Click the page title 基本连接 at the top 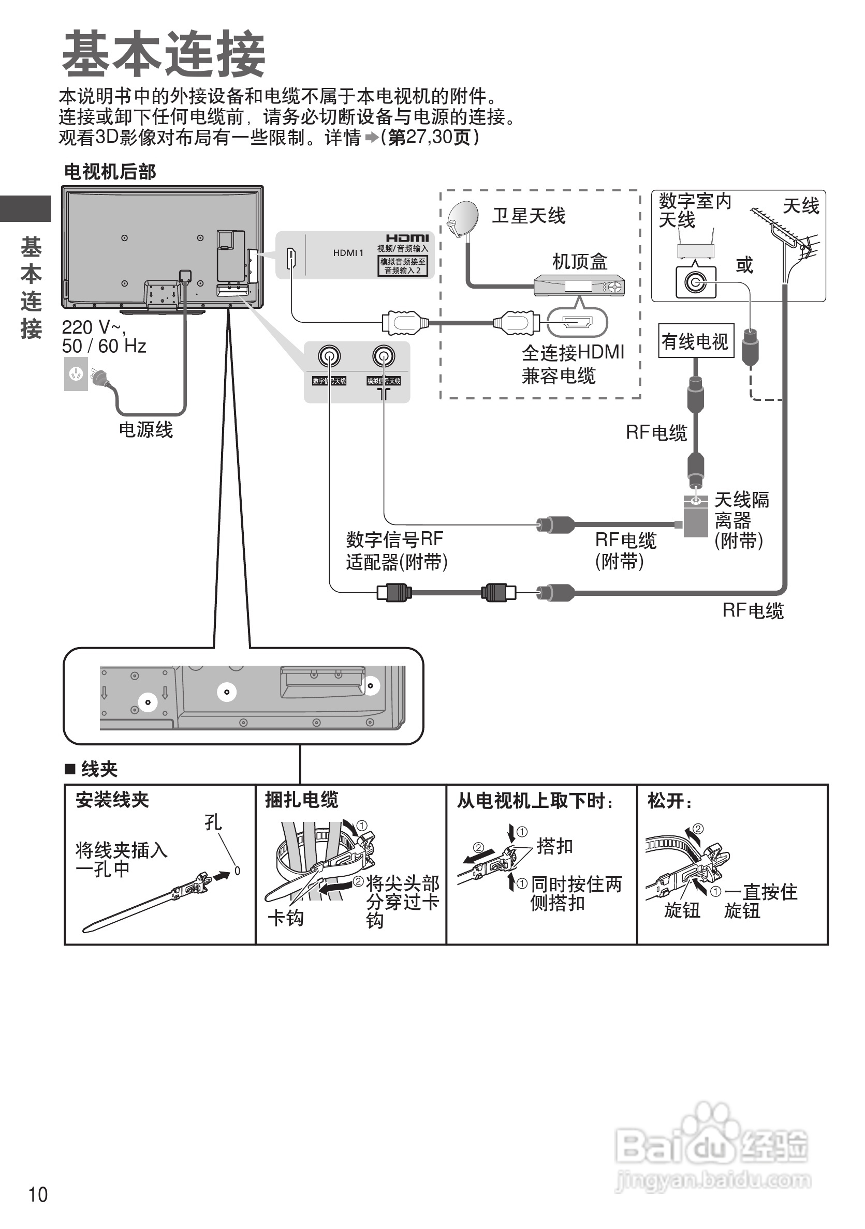pos(164,54)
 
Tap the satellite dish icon pos(463,217)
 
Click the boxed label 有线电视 pos(695,341)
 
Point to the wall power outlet pos(76,373)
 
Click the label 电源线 pos(145,429)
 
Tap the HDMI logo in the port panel pos(407,238)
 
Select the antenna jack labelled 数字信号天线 pos(329,356)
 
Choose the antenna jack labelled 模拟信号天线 pos(384,356)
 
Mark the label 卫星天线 pos(529,216)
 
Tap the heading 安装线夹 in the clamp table pos(112,800)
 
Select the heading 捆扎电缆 pos(302,800)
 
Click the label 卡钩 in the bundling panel pos(285,918)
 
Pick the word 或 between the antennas pos(744,265)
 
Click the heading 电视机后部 pos(110,172)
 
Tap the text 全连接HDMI pos(573,352)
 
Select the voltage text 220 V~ pos(93,327)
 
